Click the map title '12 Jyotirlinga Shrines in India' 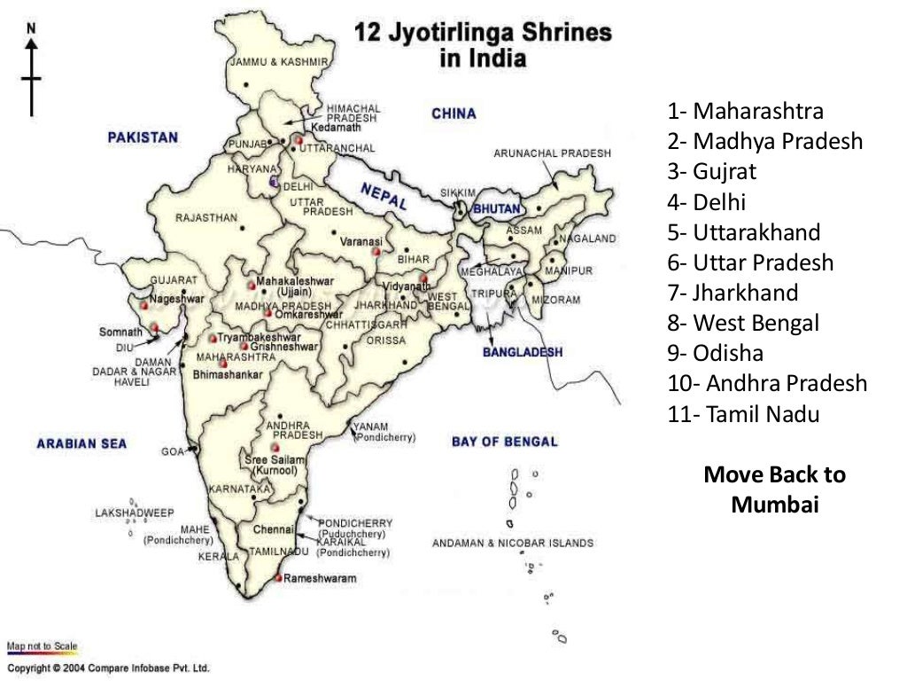[x=483, y=45]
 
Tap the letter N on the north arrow [x=32, y=28]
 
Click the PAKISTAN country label [x=143, y=137]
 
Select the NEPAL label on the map [x=384, y=196]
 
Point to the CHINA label [x=453, y=113]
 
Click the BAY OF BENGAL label [x=504, y=442]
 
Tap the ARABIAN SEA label [x=81, y=443]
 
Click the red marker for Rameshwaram [x=278, y=578]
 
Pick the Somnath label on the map [x=120, y=332]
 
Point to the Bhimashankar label [x=228, y=375]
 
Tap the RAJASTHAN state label [x=206, y=217]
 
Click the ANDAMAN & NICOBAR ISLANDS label [x=513, y=544]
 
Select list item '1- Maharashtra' [x=746, y=112]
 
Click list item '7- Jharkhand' [x=733, y=293]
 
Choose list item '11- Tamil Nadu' [x=744, y=414]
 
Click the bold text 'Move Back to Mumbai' [x=774, y=489]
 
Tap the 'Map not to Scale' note [x=42, y=646]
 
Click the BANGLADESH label [x=522, y=352]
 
